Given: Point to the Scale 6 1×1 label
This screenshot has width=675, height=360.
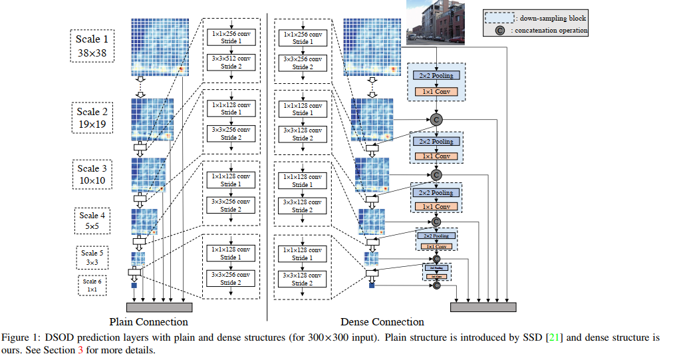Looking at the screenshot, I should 92,285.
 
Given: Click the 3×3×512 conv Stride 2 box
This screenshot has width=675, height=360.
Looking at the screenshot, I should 230,63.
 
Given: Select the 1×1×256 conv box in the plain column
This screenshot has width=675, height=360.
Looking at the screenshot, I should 230,37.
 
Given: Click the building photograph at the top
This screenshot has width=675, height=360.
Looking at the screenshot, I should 435,21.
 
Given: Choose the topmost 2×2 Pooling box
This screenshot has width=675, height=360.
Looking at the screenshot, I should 436,76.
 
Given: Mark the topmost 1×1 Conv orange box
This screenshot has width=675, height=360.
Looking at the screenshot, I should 436,90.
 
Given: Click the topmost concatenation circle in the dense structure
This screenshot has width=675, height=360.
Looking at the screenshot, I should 436,119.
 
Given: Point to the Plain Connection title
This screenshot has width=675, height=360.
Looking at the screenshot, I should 153,322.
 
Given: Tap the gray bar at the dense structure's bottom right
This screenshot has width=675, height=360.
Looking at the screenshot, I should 483,307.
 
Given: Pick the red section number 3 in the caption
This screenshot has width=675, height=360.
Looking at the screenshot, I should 80,350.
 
